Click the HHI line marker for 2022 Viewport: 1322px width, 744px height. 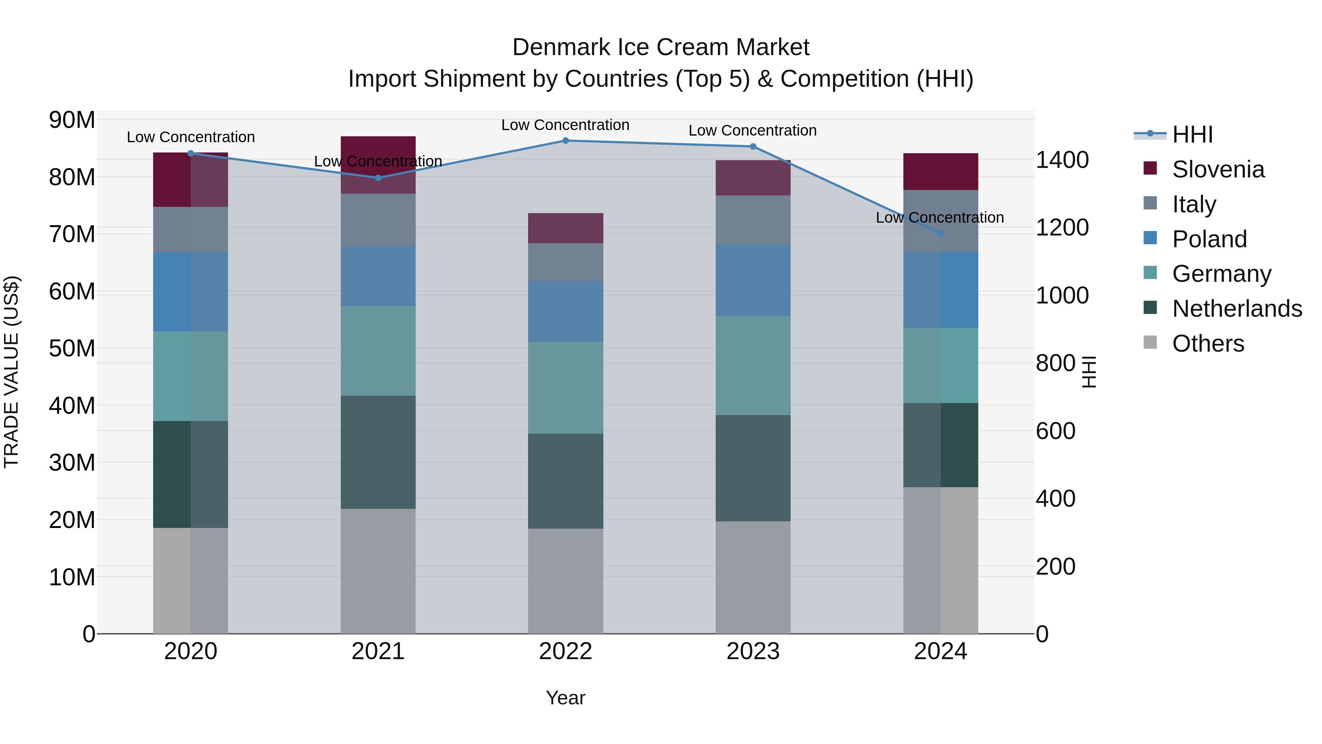pyautogui.click(x=566, y=140)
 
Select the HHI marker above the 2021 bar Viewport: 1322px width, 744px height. pyautogui.click(x=378, y=178)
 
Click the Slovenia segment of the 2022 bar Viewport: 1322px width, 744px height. pyautogui.click(x=566, y=228)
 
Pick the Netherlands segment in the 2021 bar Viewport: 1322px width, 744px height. pyautogui.click(x=378, y=452)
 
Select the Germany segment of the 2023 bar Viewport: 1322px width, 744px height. pyautogui.click(x=753, y=365)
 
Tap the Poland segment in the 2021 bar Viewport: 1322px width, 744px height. pyautogui.click(x=378, y=276)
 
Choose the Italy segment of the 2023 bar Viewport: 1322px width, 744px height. pyautogui.click(x=753, y=220)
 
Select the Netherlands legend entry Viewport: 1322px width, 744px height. pyautogui.click(x=1237, y=309)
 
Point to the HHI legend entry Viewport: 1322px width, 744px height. pyautogui.click(x=1192, y=134)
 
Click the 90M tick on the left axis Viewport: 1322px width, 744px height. pyautogui.click(x=72, y=120)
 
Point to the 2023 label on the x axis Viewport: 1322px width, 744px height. pyautogui.click(x=753, y=651)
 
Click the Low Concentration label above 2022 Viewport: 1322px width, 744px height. pyautogui.click(x=565, y=125)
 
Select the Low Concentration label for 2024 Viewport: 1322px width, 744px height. pyautogui.click(x=940, y=218)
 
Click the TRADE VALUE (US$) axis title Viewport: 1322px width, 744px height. pyautogui.click(x=12, y=372)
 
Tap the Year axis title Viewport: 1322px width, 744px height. pyautogui.click(x=565, y=698)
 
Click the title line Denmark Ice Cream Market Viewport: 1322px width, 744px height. pyautogui.click(x=661, y=47)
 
